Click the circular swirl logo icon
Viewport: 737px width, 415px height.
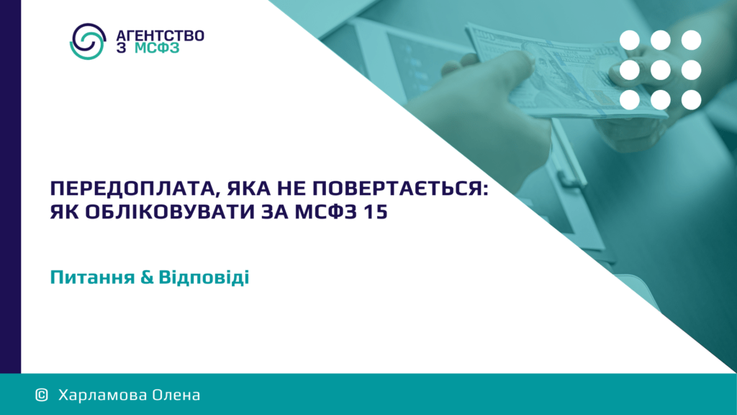pos(88,41)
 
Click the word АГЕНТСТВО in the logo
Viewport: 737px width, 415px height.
pos(160,36)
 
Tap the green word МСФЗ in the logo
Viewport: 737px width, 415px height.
pos(157,48)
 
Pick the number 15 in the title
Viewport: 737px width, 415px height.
pos(375,212)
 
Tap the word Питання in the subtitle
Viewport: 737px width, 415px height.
pos(92,277)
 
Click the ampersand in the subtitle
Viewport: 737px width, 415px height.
pos(147,277)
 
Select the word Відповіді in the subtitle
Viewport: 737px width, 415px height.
pos(204,277)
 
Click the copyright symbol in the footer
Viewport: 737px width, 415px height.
pos(42,395)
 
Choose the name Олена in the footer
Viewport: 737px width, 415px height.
pos(171,395)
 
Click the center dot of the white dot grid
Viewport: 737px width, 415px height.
pos(661,70)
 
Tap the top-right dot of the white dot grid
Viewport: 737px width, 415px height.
pos(691,40)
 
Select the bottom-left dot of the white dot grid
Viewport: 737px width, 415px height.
pos(629,100)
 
